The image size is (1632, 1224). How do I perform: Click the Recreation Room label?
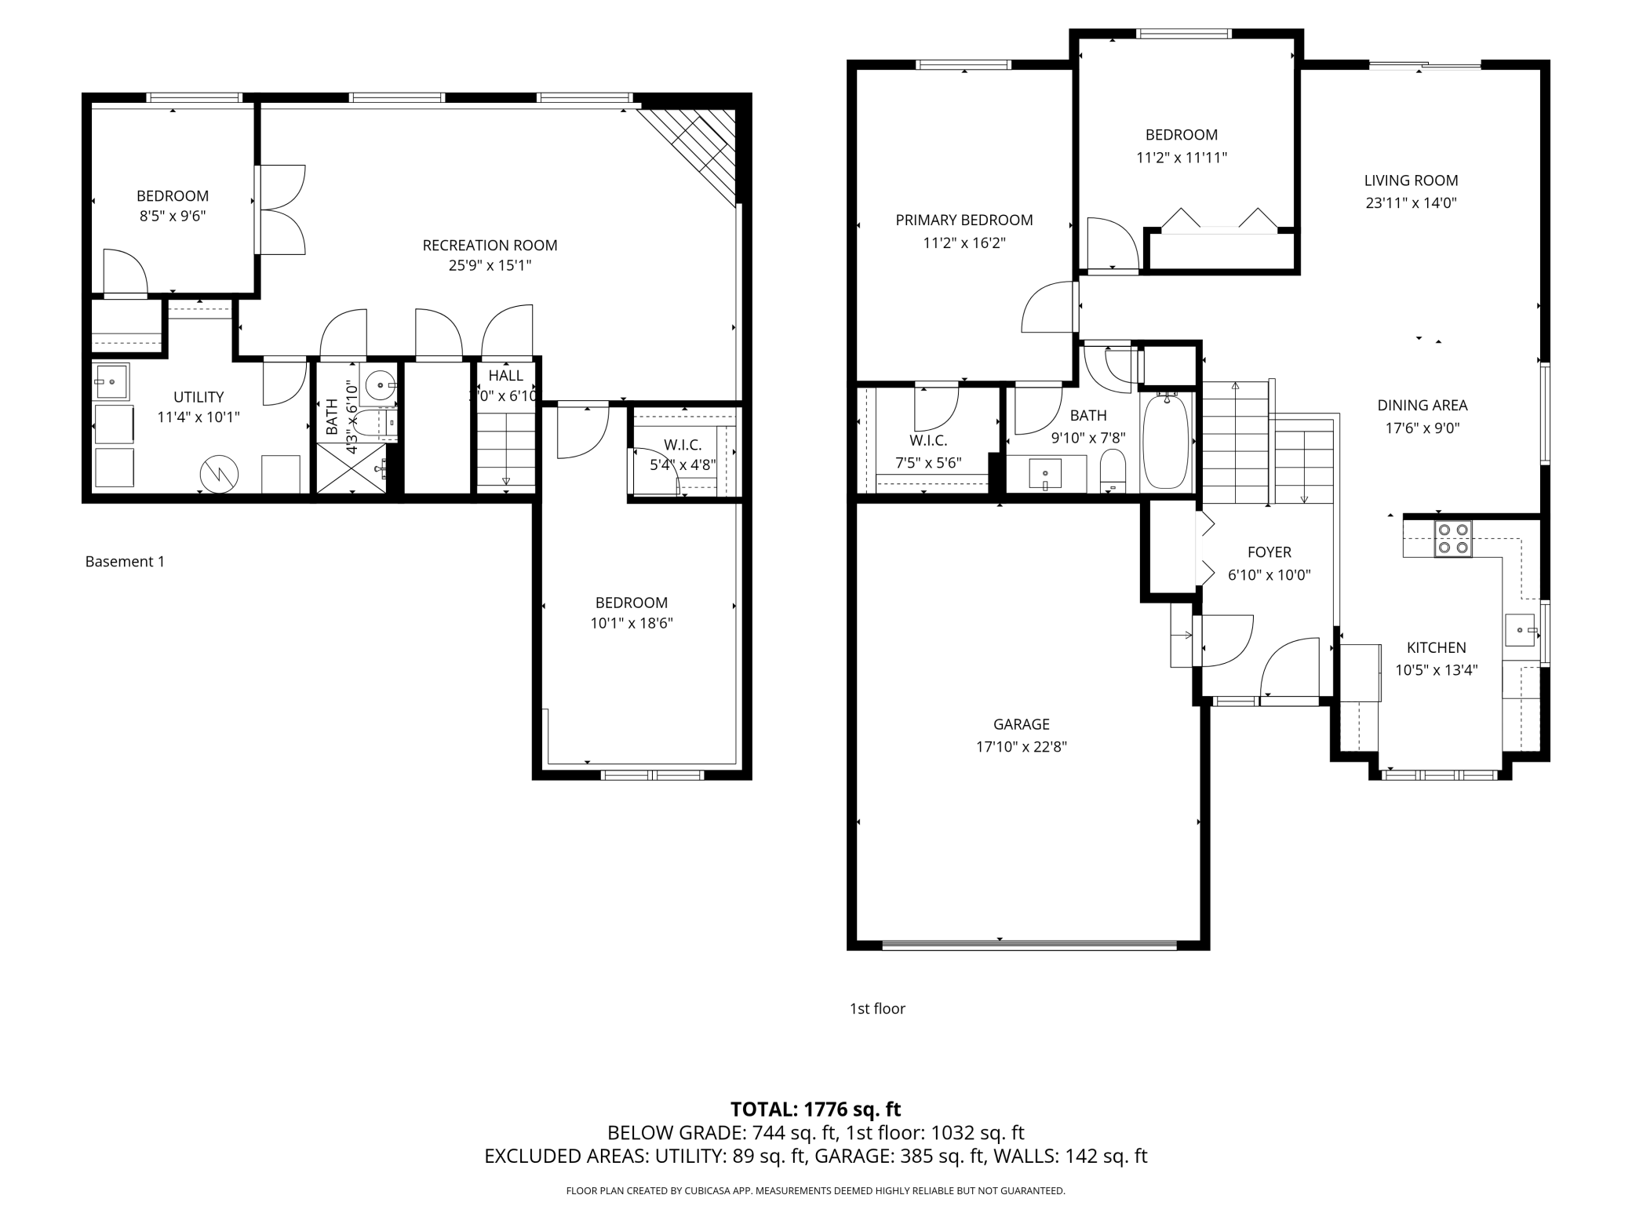point(490,246)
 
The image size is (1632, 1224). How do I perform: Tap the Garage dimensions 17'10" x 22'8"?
point(1021,747)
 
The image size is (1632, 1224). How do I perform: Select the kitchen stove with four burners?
point(1453,539)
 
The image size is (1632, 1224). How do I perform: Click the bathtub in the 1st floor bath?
point(1166,442)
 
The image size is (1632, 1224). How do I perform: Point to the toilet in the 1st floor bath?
point(1113,470)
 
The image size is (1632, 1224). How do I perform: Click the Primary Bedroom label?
point(964,220)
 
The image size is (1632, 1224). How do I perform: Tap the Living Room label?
point(1411,180)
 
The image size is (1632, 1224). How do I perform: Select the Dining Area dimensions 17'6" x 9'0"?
point(1423,428)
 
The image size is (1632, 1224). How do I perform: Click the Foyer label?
point(1269,552)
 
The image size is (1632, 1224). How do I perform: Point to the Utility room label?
point(199,397)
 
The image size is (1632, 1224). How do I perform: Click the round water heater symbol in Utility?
point(219,473)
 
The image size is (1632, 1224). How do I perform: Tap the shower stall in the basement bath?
point(352,468)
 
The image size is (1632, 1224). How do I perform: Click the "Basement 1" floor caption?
point(125,562)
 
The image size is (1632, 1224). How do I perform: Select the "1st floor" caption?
point(877,1009)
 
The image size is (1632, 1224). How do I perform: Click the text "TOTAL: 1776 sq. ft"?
point(815,1109)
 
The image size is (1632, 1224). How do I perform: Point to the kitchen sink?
point(1521,630)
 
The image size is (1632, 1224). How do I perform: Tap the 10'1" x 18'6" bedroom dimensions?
point(632,624)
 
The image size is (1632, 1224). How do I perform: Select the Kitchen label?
point(1436,648)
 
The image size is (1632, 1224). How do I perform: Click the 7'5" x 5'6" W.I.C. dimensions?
point(928,463)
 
